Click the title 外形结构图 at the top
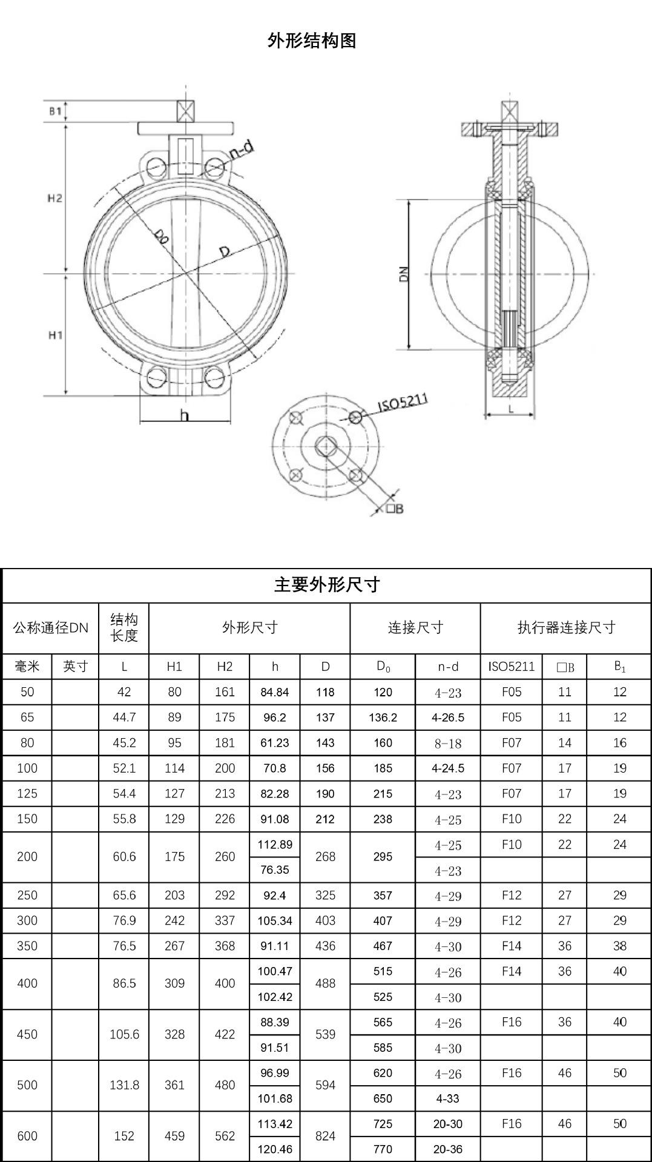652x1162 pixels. click(312, 41)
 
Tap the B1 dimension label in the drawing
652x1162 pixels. click(55, 111)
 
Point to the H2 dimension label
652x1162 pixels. click(55, 199)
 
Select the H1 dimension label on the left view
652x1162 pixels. click(55, 335)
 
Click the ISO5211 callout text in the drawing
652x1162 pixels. click(403, 403)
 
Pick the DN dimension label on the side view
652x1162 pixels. click(405, 274)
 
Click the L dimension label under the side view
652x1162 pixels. click(511, 409)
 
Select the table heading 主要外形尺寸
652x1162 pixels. click(327, 585)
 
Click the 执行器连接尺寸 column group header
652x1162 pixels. click(566, 627)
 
